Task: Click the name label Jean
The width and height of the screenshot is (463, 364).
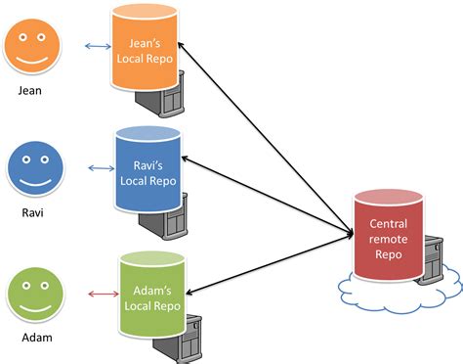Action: [35, 90]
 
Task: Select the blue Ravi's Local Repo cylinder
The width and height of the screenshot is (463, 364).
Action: [148, 169]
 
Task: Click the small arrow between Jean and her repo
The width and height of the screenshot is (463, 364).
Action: [98, 45]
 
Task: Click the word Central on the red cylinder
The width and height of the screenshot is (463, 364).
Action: [388, 224]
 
